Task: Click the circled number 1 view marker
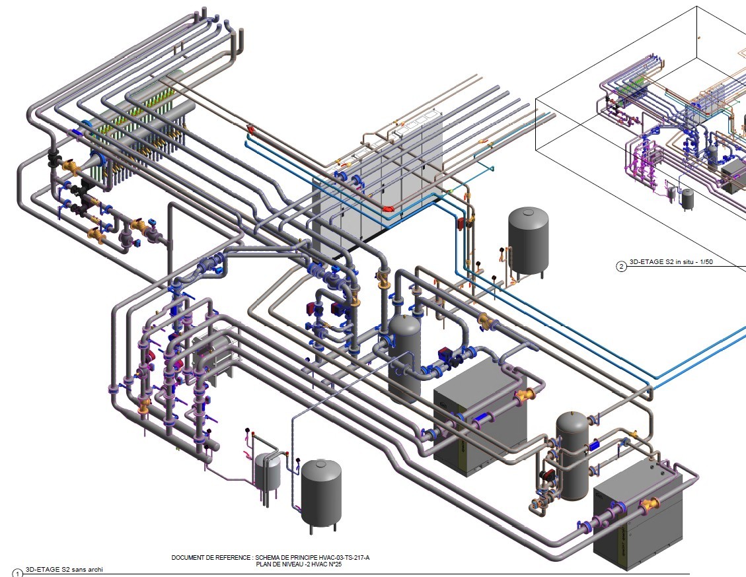pyautogui.click(x=17, y=573)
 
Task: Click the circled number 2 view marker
pyautogui.click(x=621, y=266)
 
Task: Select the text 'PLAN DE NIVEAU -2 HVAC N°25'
pyautogui.click(x=299, y=564)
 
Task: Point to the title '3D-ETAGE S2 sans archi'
pyautogui.click(x=64, y=569)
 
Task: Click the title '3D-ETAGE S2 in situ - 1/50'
pyautogui.click(x=671, y=262)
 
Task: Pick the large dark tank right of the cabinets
pyautogui.click(x=528, y=242)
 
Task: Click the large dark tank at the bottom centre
pyautogui.click(x=322, y=495)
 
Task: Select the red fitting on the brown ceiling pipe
pyautogui.click(x=250, y=128)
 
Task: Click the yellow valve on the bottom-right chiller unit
pyautogui.click(x=650, y=505)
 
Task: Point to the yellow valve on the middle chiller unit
pyautogui.click(x=524, y=395)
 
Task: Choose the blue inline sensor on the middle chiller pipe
pyautogui.click(x=482, y=420)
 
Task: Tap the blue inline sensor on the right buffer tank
pyautogui.click(x=595, y=446)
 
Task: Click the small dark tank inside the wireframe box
pyautogui.click(x=687, y=199)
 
